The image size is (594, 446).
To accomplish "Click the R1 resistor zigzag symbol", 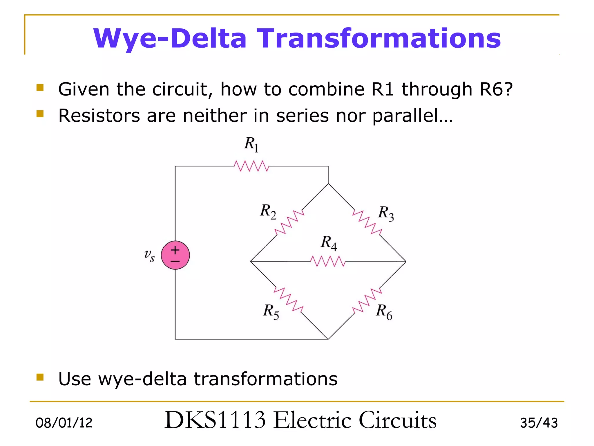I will click(251, 166).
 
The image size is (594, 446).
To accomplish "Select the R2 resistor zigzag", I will click(289, 222).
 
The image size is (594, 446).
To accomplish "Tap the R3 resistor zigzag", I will click(367, 222).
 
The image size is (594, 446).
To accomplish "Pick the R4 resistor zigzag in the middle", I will click(328, 261).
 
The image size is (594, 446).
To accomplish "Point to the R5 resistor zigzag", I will click(289, 300).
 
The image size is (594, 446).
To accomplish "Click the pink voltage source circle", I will click(175, 255).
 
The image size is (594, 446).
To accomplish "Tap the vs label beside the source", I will click(149, 255).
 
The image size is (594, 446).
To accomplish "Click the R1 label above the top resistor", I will click(251, 144).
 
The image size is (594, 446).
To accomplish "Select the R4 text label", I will click(329, 243).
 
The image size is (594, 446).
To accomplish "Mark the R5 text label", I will click(271, 312).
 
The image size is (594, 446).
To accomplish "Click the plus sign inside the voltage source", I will click(175, 250).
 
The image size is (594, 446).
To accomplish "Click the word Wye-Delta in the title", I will click(170, 38).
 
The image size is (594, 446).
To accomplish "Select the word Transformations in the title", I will click(379, 38).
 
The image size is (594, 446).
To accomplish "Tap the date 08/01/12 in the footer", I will click(64, 423).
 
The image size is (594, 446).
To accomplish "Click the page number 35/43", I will click(539, 423).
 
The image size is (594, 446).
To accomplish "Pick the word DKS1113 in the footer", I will click(215, 420).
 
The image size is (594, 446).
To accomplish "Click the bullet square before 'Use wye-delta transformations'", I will click(40, 377).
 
